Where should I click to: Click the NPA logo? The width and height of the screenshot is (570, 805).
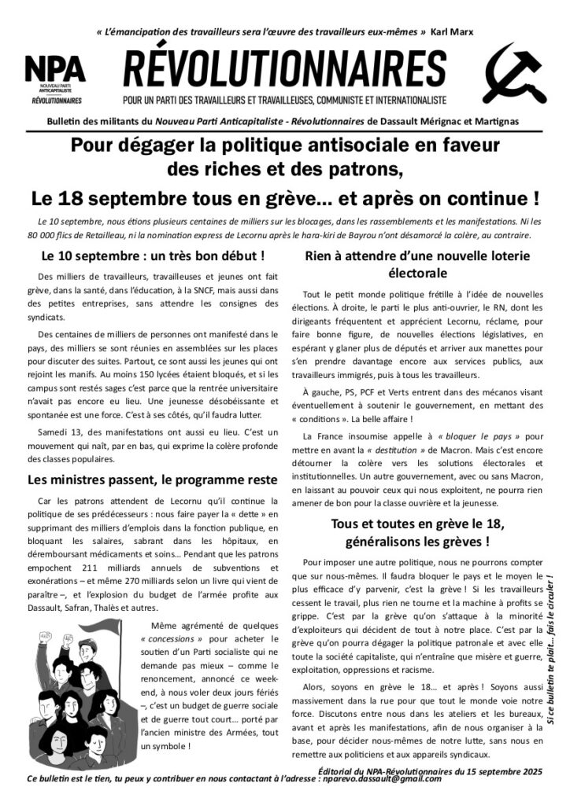point(55,79)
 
